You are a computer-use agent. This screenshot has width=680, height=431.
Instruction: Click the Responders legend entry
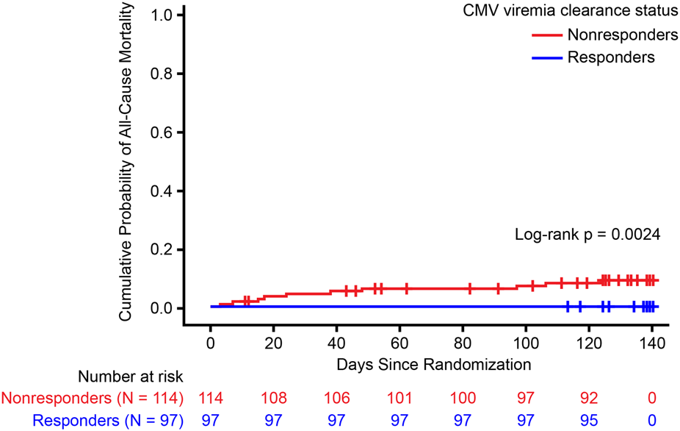(x=610, y=57)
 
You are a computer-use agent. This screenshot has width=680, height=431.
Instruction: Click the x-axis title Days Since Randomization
(x=433, y=363)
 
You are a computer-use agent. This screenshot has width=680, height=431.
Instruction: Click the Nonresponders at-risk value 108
(x=273, y=399)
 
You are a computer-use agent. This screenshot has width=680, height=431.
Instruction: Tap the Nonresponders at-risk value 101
(x=399, y=399)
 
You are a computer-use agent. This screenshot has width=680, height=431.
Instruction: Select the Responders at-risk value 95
(x=589, y=420)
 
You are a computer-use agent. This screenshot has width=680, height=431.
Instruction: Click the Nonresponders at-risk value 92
(x=589, y=399)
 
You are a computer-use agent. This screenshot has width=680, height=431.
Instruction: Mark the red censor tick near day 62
(x=406, y=288)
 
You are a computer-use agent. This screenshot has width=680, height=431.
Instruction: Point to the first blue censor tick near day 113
(x=568, y=307)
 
